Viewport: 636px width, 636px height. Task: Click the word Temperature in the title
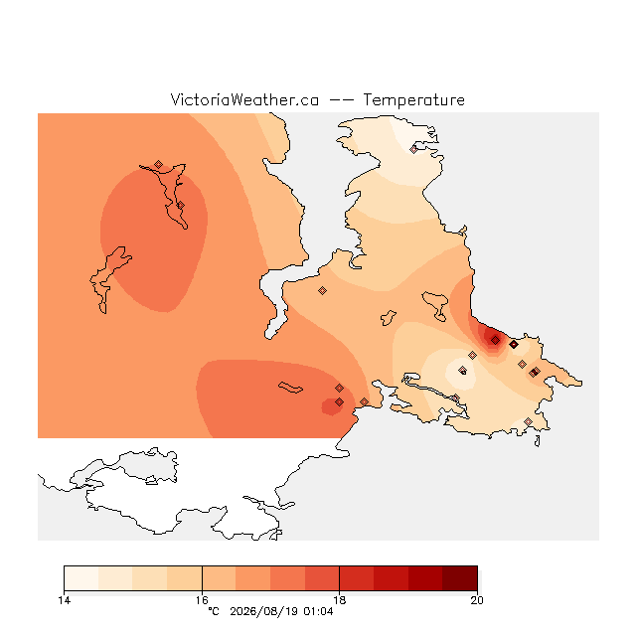click(x=413, y=99)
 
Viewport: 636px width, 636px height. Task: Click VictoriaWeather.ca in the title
click(x=244, y=99)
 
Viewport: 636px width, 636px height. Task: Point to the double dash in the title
click(x=341, y=100)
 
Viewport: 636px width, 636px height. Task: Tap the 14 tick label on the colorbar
click(x=64, y=600)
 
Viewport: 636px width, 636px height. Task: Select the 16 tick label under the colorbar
click(x=202, y=600)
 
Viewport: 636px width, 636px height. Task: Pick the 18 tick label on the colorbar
click(x=339, y=600)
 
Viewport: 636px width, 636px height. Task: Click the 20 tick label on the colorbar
click(x=477, y=600)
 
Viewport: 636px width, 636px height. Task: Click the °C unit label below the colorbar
click(x=214, y=611)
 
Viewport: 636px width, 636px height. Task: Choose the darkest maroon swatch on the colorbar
click(x=460, y=578)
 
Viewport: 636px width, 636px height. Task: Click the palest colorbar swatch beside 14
click(x=81, y=578)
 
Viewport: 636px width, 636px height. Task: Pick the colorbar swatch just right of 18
click(x=357, y=578)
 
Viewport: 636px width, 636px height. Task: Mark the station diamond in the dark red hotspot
click(x=495, y=340)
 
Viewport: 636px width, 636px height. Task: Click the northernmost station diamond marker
click(x=413, y=149)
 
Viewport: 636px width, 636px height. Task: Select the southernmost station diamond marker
click(x=528, y=421)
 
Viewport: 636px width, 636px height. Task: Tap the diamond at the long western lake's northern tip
click(x=158, y=164)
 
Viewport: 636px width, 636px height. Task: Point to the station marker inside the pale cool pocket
click(x=462, y=370)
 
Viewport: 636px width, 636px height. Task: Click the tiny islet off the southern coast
click(x=538, y=441)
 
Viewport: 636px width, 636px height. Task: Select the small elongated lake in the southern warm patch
click(x=290, y=388)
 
